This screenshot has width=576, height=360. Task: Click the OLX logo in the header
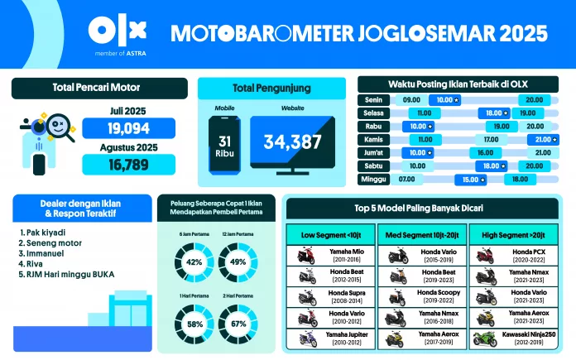(118, 31)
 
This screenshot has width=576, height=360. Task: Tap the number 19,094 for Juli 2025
(127, 128)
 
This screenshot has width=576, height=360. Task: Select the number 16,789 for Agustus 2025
(127, 164)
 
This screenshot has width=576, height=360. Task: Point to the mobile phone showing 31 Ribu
(224, 142)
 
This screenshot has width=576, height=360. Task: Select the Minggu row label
(373, 178)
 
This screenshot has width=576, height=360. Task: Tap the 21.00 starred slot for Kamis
(543, 139)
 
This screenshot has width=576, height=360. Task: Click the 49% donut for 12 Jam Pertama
(238, 262)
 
